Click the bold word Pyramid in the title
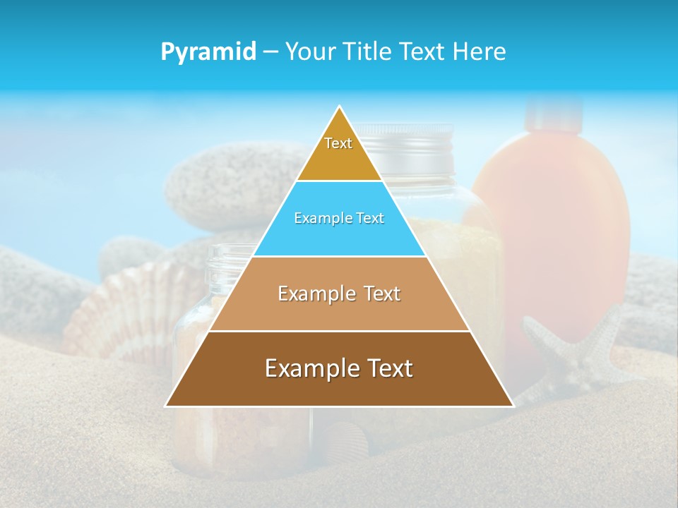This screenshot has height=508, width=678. tap(208, 52)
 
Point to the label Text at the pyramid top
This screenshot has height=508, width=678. tap(338, 143)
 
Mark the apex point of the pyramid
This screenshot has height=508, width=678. tap(340, 107)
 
